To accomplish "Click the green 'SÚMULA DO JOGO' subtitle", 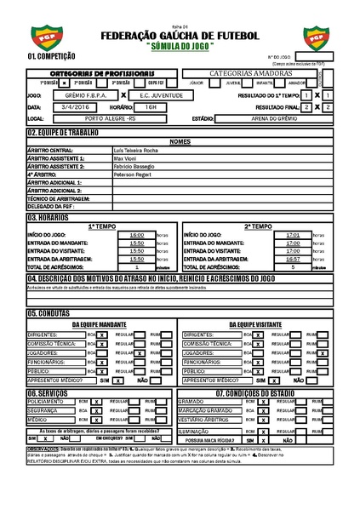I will click(180, 44).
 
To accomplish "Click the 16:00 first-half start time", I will click(136, 234).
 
